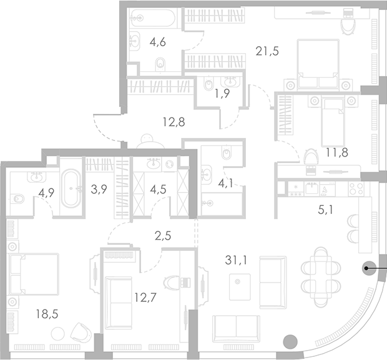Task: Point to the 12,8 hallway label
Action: point(174,122)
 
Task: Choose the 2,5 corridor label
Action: point(164,235)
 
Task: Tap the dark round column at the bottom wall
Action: point(290,341)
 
